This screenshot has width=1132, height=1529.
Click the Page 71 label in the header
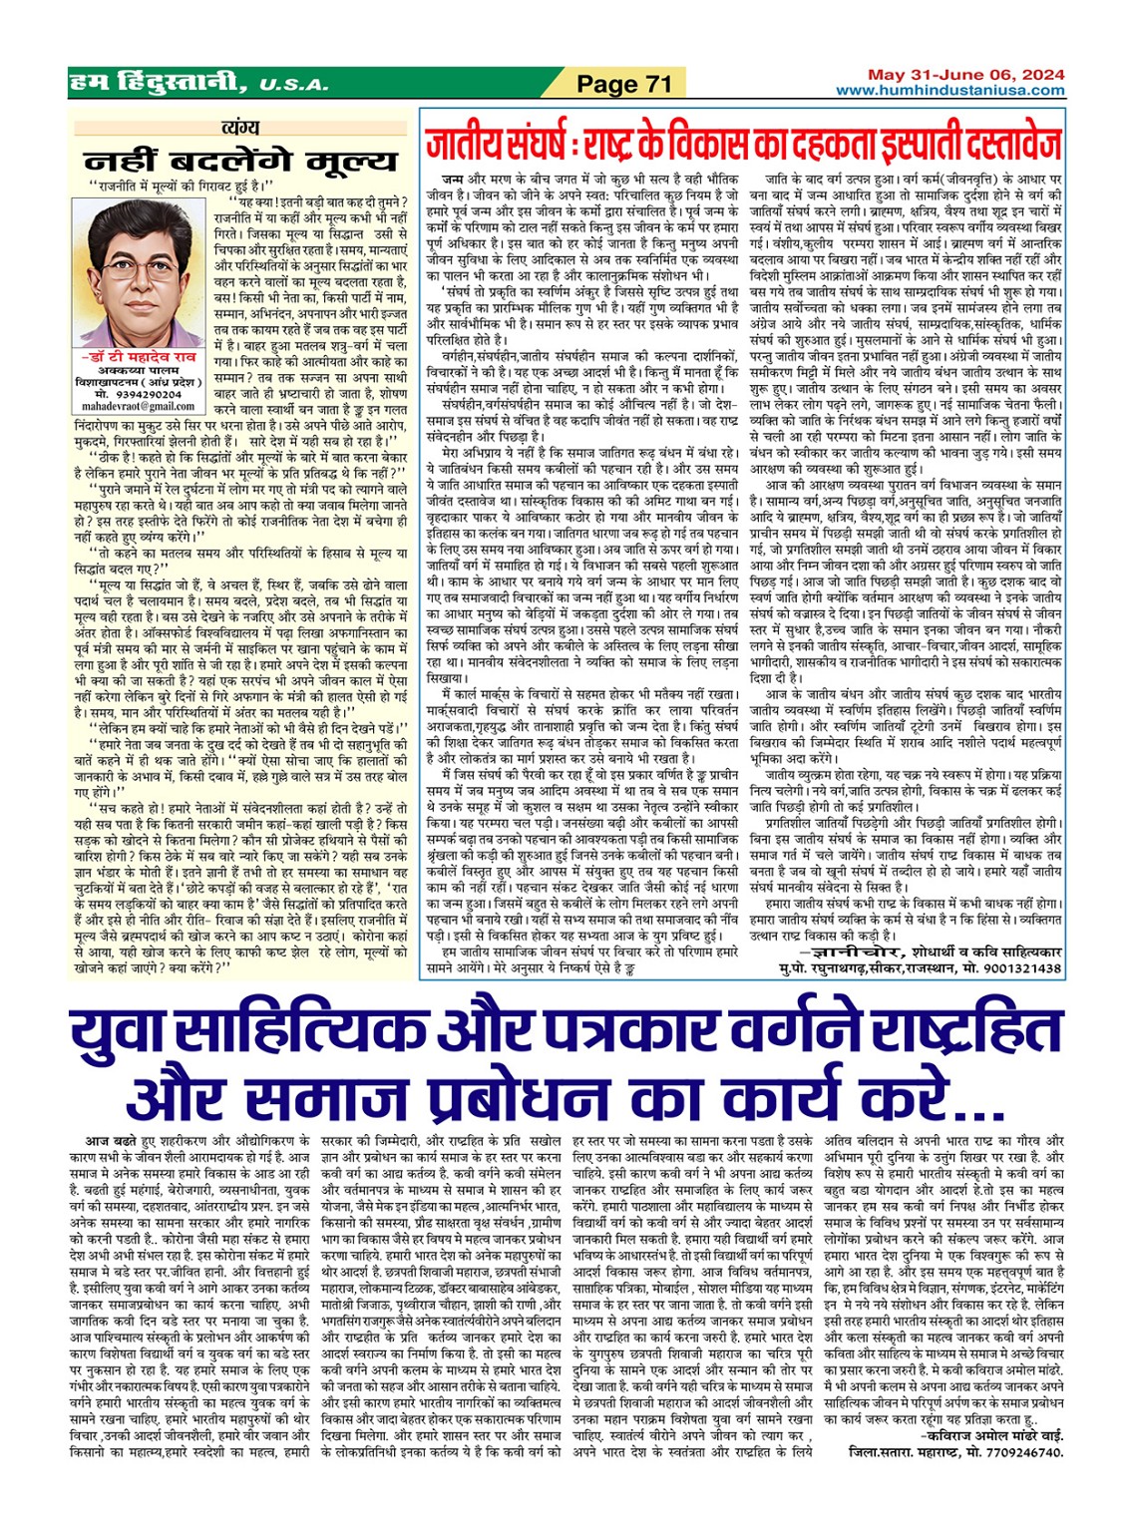625,85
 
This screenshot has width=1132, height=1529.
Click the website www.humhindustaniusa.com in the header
949,90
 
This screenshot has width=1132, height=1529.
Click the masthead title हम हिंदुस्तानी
159,84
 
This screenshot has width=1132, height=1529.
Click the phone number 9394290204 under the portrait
149,394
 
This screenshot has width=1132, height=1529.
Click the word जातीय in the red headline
469,146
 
